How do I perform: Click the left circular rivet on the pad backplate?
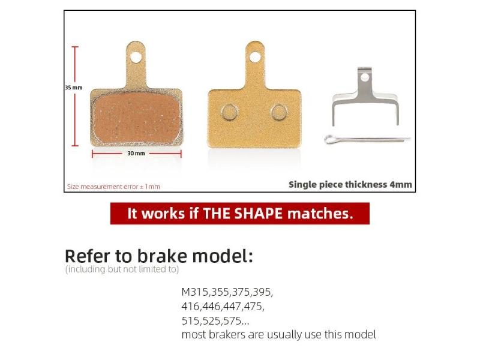pos(229,112)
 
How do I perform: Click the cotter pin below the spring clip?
pos(367,139)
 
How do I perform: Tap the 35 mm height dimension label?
pos(73,87)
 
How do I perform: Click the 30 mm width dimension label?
pos(136,154)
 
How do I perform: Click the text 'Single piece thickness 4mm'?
pos(350,184)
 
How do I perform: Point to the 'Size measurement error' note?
pos(113,187)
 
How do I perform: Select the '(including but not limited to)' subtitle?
pos(122,269)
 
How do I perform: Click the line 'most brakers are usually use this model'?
pos(278,335)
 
